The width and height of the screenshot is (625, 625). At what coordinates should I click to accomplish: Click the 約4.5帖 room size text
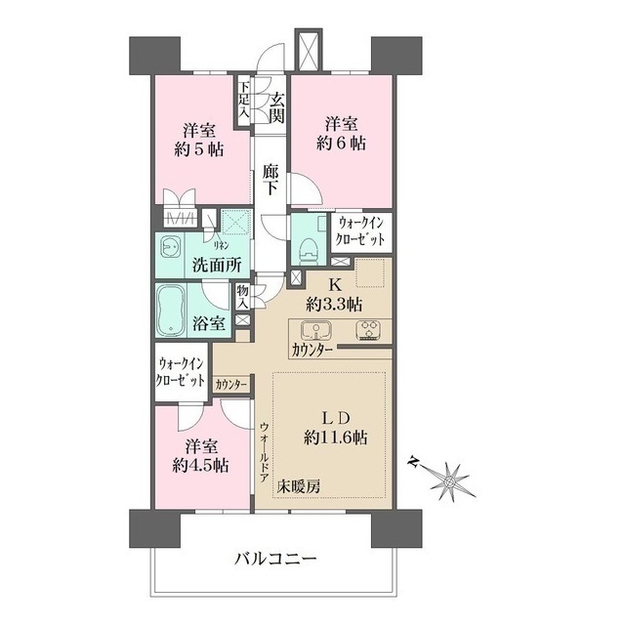point(201,466)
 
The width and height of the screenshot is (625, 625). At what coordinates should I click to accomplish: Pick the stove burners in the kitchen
point(369,328)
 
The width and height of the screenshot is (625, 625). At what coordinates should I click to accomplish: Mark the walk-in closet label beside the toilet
point(361,232)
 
